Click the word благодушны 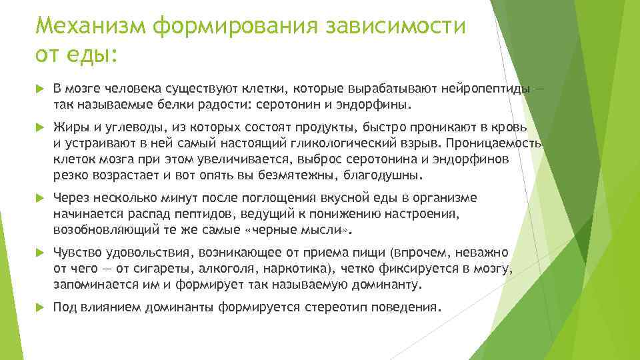(x=387, y=176)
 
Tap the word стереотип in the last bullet (x=334, y=308)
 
